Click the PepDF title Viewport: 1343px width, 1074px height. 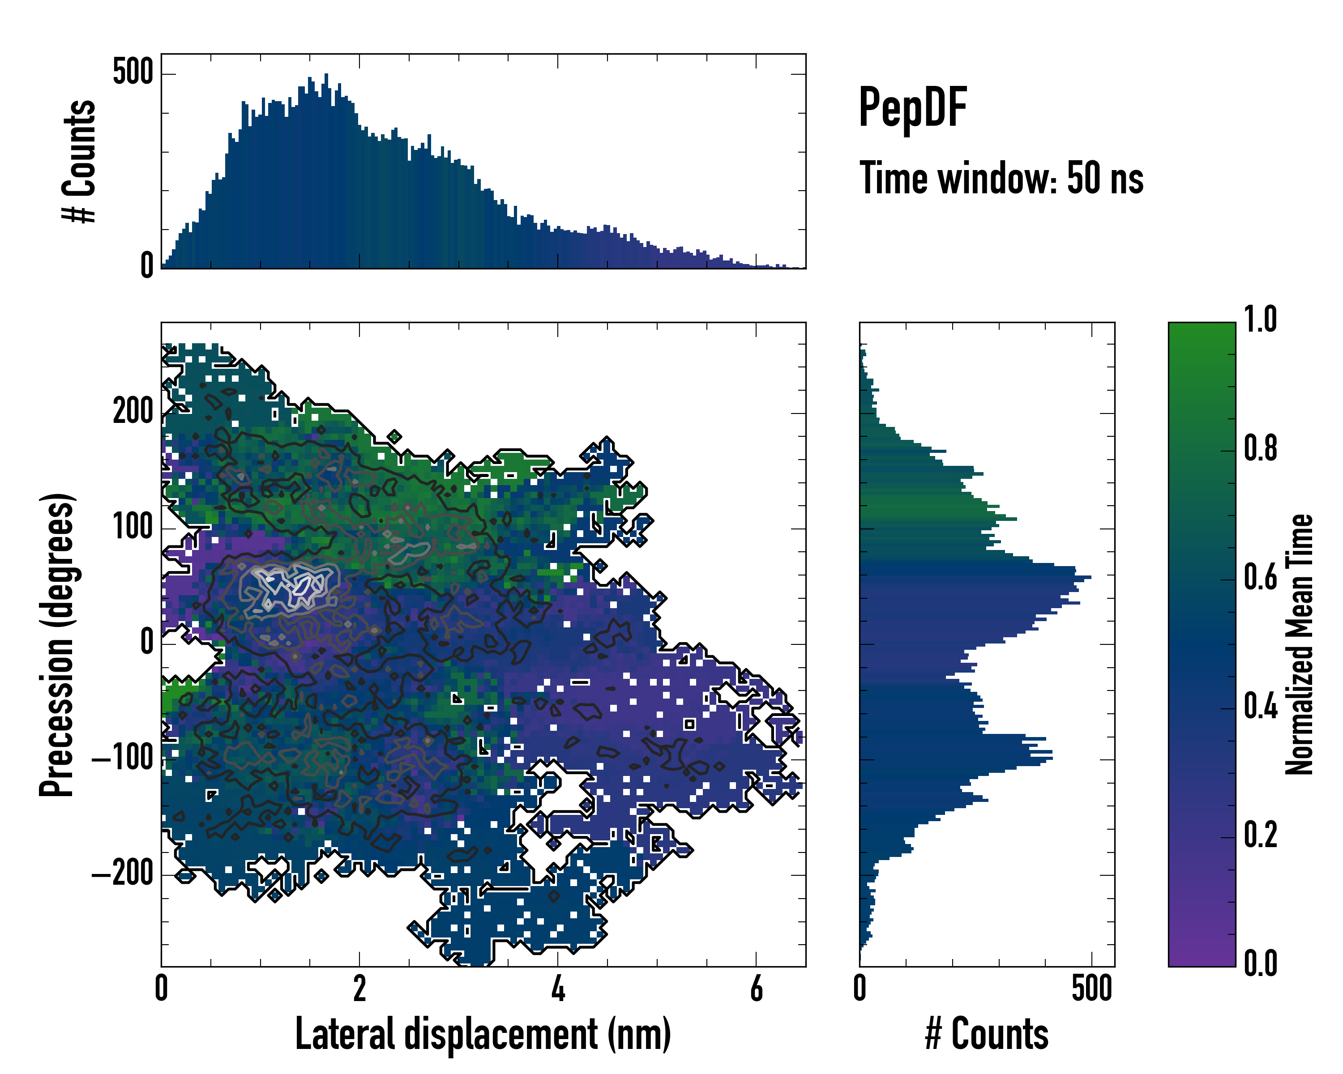pyautogui.click(x=912, y=108)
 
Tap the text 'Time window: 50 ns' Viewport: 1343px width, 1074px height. pyautogui.click(x=1001, y=179)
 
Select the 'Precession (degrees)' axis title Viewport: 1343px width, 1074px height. pyautogui.click(x=57, y=644)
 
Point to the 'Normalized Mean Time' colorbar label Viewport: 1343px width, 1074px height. pyautogui.click(x=1300, y=644)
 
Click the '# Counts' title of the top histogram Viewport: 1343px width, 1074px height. pyautogui.click(x=80, y=161)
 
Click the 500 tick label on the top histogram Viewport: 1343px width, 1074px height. pyautogui.click(x=133, y=73)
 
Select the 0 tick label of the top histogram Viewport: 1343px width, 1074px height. pyautogui.click(x=147, y=266)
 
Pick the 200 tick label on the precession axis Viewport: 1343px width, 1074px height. pyautogui.click(x=133, y=412)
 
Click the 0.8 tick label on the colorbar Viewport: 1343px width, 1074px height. pyautogui.click(x=1260, y=450)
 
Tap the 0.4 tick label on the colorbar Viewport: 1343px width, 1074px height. pyautogui.click(x=1260, y=708)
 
